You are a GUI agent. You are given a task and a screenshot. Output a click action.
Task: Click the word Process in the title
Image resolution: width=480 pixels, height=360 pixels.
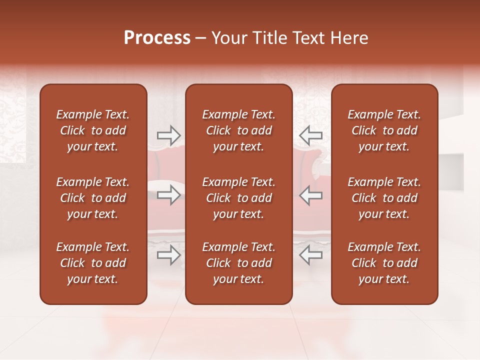[x=157, y=38]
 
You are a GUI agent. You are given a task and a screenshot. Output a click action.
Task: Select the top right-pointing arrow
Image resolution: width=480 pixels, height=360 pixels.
[x=168, y=135]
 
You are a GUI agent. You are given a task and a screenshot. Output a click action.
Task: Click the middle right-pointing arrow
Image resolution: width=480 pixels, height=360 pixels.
[x=168, y=195]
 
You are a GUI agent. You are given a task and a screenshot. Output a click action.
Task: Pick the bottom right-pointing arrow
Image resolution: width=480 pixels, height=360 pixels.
[x=168, y=255]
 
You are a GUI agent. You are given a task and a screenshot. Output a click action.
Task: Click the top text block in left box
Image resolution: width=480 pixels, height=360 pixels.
[x=93, y=130]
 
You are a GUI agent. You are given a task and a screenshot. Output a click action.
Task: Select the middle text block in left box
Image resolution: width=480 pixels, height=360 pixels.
[x=93, y=198]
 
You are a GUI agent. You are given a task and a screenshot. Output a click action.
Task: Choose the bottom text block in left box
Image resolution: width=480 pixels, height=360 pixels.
[x=93, y=263]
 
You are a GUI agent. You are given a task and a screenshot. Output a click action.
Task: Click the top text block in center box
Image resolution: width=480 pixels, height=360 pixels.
[x=238, y=130]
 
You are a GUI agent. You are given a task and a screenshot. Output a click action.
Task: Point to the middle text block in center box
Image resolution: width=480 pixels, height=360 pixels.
[x=238, y=198]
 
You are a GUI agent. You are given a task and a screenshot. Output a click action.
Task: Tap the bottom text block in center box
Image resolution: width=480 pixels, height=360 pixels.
[x=238, y=263]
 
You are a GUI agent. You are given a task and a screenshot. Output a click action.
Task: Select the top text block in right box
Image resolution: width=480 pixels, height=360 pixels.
[x=384, y=130]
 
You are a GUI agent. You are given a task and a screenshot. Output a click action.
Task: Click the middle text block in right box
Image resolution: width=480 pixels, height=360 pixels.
[x=384, y=198]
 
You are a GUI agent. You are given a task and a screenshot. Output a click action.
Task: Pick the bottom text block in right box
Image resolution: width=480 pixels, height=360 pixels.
[x=384, y=263]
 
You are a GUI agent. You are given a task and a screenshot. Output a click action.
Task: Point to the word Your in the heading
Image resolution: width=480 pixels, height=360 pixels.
[x=228, y=38]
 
